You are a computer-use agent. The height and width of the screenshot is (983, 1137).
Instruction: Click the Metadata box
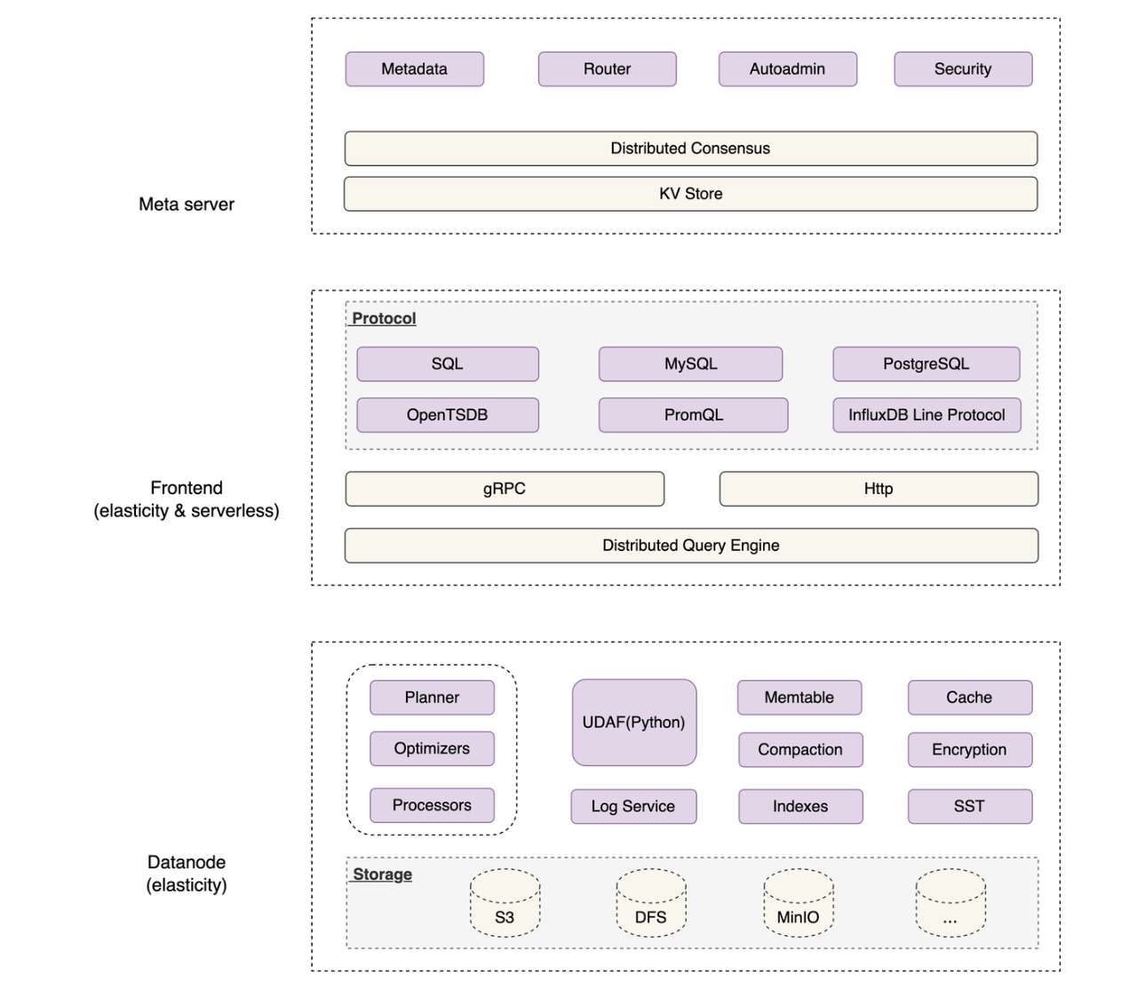click(x=414, y=69)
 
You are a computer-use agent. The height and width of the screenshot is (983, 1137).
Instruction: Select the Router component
click(x=607, y=69)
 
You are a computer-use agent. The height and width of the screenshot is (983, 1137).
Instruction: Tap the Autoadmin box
click(x=787, y=69)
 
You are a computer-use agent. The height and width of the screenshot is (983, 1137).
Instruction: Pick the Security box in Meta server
click(x=963, y=69)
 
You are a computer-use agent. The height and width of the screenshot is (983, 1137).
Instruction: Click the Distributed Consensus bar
click(x=690, y=148)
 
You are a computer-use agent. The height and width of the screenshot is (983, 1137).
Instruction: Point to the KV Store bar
click(x=690, y=194)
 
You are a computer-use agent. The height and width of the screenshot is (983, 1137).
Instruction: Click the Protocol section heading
click(x=384, y=318)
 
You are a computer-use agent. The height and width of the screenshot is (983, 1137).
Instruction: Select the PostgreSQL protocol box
click(x=926, y=364)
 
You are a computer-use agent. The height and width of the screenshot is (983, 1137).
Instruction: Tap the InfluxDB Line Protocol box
click(x=926, y=415)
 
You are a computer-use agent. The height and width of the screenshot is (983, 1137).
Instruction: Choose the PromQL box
click(x=693, y=415)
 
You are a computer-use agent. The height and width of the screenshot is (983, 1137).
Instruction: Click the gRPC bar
click(x=505, y=489)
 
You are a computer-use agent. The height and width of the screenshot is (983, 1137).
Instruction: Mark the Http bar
click(x=879, y=489)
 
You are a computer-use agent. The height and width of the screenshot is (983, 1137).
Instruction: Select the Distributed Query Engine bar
click(x=690, y=546)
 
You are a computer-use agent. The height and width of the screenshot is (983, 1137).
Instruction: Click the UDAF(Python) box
click(x=633, y=723)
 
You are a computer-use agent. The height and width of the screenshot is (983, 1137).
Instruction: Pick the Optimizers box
click(x=432, y=748)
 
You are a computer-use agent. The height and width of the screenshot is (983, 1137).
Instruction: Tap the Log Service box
click(x=633, y=806)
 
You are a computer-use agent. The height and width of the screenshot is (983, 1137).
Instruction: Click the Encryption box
click(x=969, y=749)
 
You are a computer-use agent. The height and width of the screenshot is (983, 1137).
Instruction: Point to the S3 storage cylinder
click(x=505, y=904)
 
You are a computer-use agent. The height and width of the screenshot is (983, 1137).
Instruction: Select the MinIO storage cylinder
click(x=798, y=904)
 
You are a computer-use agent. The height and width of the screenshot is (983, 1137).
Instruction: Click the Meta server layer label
click(x=187, y=204)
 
